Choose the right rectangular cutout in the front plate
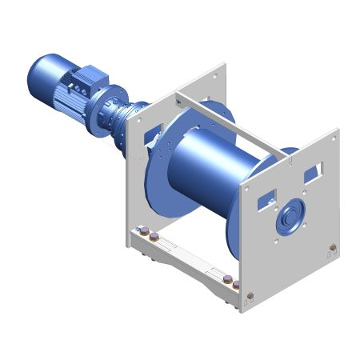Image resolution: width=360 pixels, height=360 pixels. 314,170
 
